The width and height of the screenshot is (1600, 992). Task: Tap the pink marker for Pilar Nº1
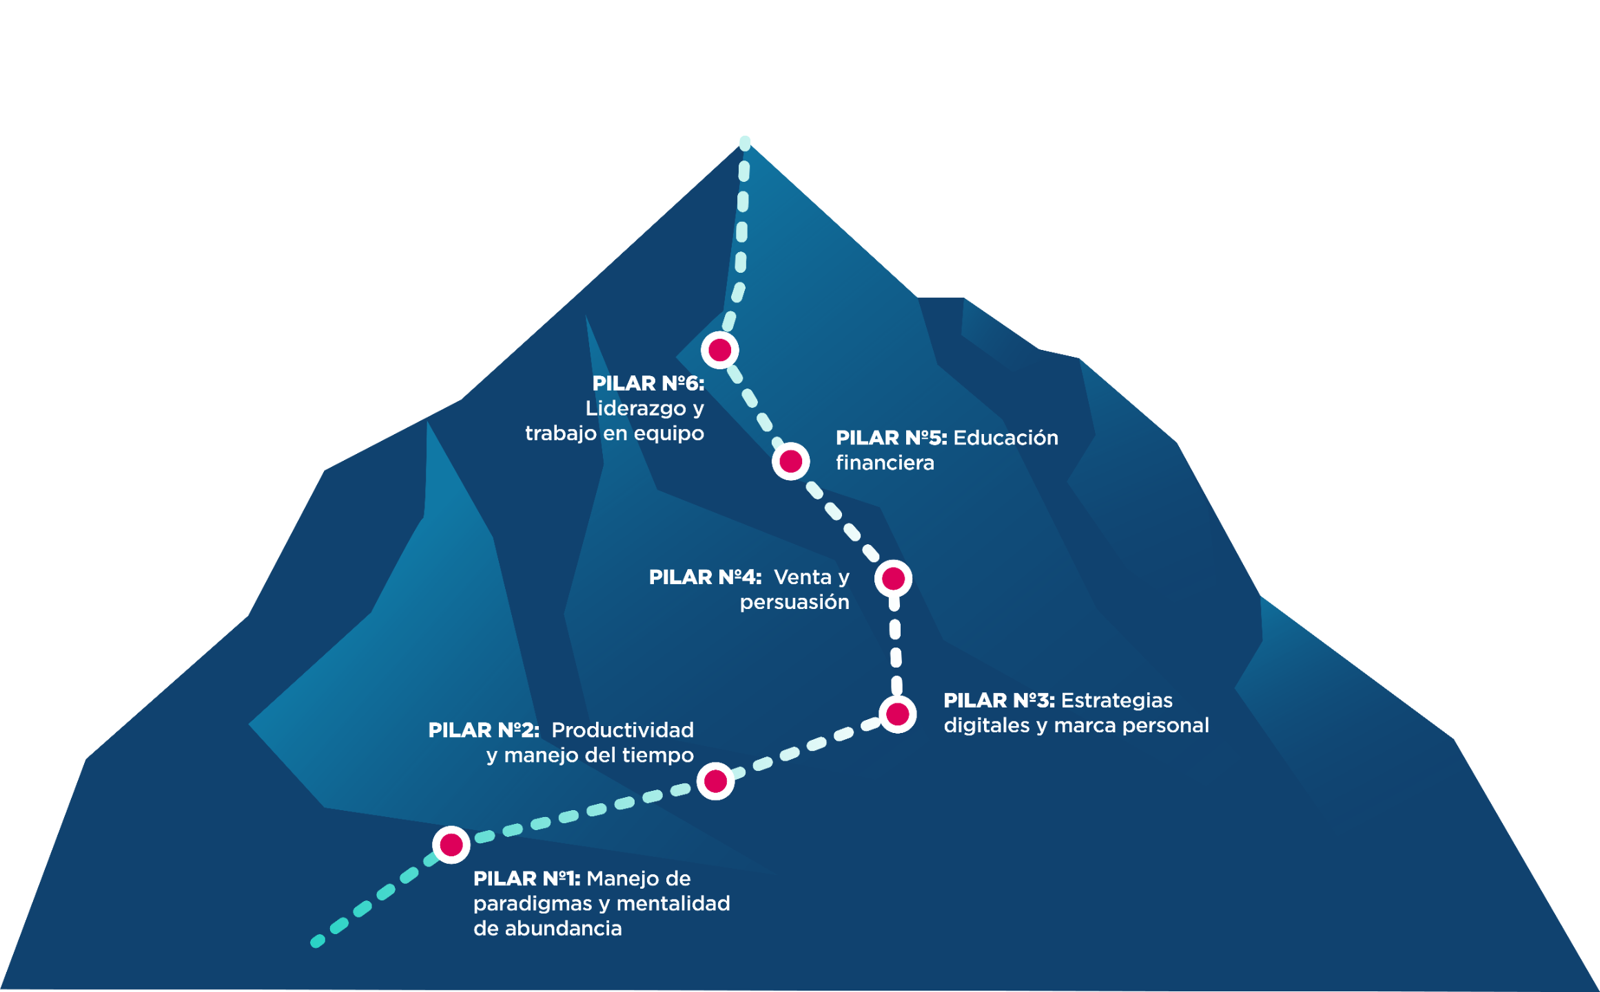point(451,845)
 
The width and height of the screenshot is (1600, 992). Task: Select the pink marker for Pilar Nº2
point(715,781)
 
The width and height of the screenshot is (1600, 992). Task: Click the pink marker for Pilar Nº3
point(897,714)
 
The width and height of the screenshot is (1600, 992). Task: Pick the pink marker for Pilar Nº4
point(893,579)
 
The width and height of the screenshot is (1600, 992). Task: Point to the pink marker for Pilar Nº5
point(790,461)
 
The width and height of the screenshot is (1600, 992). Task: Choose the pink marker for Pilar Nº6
point(719,350)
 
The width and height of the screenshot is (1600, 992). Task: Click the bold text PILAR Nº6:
point(648,384)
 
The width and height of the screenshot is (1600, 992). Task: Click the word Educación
point(1005,438)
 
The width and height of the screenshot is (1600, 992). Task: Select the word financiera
point(885,463)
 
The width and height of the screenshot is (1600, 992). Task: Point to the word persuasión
point(794,603)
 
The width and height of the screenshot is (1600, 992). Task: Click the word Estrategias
point(1116,701)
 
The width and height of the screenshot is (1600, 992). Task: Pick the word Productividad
point(622,730)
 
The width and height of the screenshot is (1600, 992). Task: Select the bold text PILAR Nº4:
point(705,577)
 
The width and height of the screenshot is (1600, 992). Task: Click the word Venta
point(803,577)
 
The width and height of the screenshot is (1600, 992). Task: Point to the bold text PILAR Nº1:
point(526,879)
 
